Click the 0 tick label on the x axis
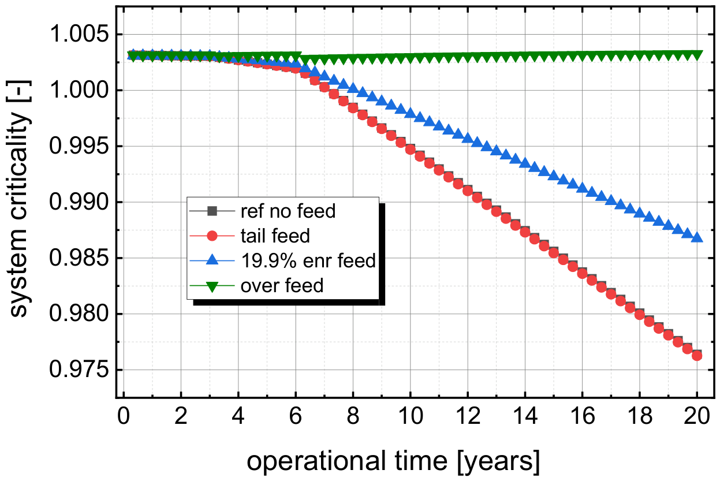[x=124, y=416]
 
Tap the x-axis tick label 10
[x=410, y=416]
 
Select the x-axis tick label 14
[x=525, y=416]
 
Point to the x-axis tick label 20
[x=696, y=416]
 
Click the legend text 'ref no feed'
[x=288, y=211]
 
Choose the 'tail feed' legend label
[x=275, y=236]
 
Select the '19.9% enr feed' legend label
[x=308, y=260]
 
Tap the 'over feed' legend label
[x=282, y=285]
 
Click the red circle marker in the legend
[x=212, y=236]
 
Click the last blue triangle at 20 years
[x=696, y=237]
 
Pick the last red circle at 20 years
[x=697, y=356]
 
